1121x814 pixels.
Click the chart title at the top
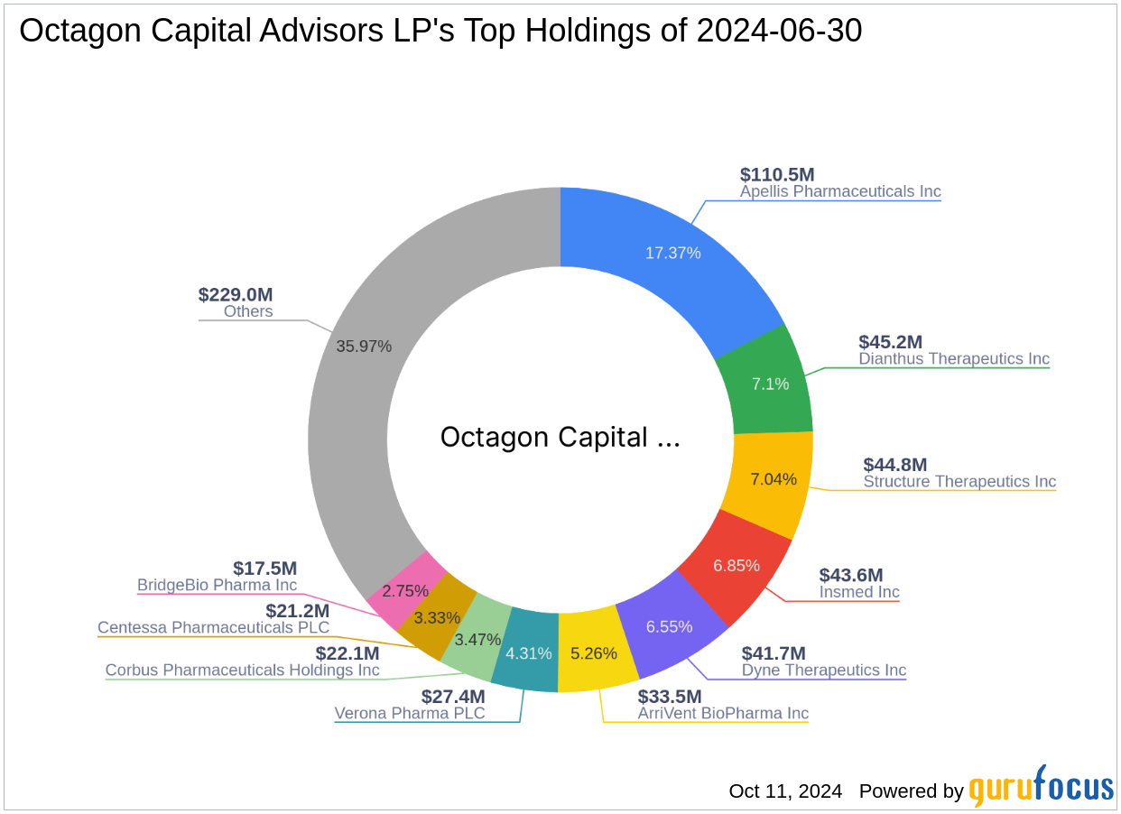[x=440, y=32]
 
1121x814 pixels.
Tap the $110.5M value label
[x=777, y=174]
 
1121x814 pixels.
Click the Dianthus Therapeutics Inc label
[x=954, y=359]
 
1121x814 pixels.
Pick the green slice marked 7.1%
[x=770, y=384]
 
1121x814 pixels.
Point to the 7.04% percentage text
[x=774, y=479]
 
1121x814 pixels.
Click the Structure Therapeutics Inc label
[x=959, y=482]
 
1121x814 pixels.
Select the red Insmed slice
[x=736, y=566]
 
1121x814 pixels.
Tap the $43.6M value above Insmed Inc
[x=850, y=575]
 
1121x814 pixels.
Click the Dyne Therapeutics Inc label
[x=823, y=671]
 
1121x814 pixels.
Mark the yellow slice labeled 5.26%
[x=595, y=652]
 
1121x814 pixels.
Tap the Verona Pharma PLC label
[x=410, y=714]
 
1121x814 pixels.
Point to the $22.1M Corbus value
[x=347, y=652]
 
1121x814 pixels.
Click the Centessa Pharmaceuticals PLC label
[x=214, y=627]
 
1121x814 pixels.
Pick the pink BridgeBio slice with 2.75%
[x=403, y=592]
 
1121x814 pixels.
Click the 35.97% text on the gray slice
[x=363, y=346]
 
